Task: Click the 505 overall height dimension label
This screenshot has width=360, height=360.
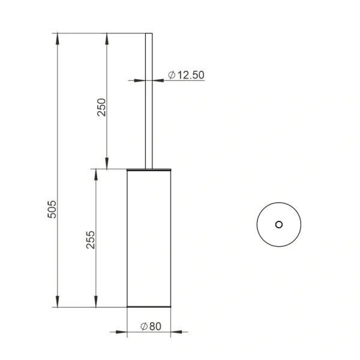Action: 52,209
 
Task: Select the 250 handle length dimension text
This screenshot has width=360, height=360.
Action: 101,107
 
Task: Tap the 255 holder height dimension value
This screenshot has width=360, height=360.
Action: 91,240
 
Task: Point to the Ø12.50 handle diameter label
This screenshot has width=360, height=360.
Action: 186,75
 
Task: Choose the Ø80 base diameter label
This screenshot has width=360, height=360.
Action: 151,326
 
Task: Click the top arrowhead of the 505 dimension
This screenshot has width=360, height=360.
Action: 58,38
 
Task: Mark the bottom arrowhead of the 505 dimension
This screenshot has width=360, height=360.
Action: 58,302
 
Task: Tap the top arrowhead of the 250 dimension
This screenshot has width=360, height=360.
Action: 107,38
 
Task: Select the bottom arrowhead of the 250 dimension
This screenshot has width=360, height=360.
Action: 107,163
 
